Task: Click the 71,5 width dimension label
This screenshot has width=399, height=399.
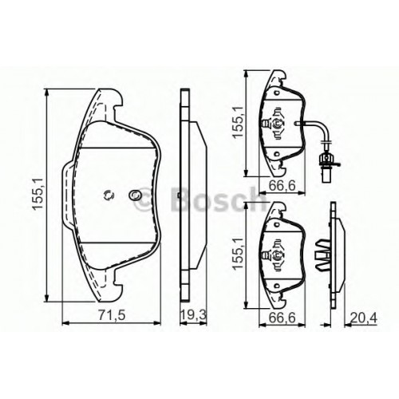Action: click(112, 315)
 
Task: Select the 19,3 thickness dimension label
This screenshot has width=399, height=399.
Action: click(193, 315)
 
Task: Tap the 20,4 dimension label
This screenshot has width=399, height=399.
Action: click(364, 318)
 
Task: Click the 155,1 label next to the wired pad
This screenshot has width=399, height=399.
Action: click(238, 122)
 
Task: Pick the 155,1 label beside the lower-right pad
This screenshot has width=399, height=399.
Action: click(238, 253)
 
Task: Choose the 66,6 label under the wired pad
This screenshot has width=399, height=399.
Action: click(282, 185)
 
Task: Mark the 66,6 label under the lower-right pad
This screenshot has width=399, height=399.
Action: click(282, 318)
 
